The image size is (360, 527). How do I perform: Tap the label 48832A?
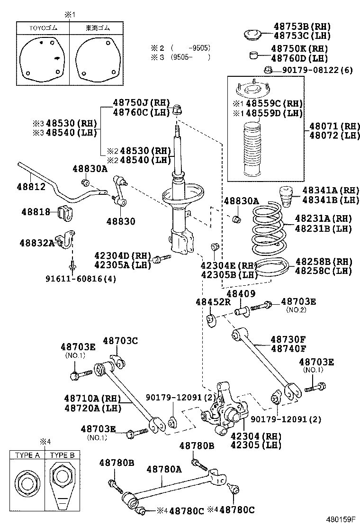(36, 243)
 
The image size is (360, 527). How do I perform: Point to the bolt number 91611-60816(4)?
(81, 279)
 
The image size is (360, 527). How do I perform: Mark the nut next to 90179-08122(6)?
(267, 71)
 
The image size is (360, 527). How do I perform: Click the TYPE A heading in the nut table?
(27, 455)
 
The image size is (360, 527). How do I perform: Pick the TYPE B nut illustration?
(62, 483)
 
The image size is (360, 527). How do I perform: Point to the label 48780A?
(164, 469)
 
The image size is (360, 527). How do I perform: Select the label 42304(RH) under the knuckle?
(256, 436)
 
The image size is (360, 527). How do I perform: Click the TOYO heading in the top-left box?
(44, 28)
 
